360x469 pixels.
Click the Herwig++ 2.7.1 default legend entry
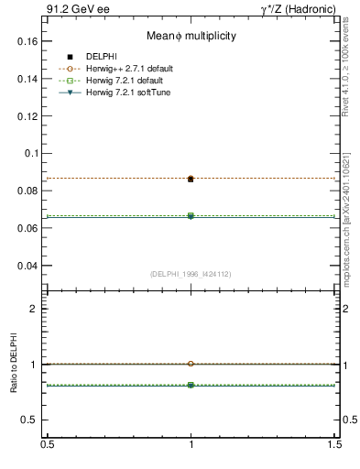point(129,69)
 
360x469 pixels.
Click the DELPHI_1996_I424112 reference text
point(191,274)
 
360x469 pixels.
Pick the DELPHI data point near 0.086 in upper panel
point(191,179)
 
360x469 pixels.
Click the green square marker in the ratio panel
point(191,386)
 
